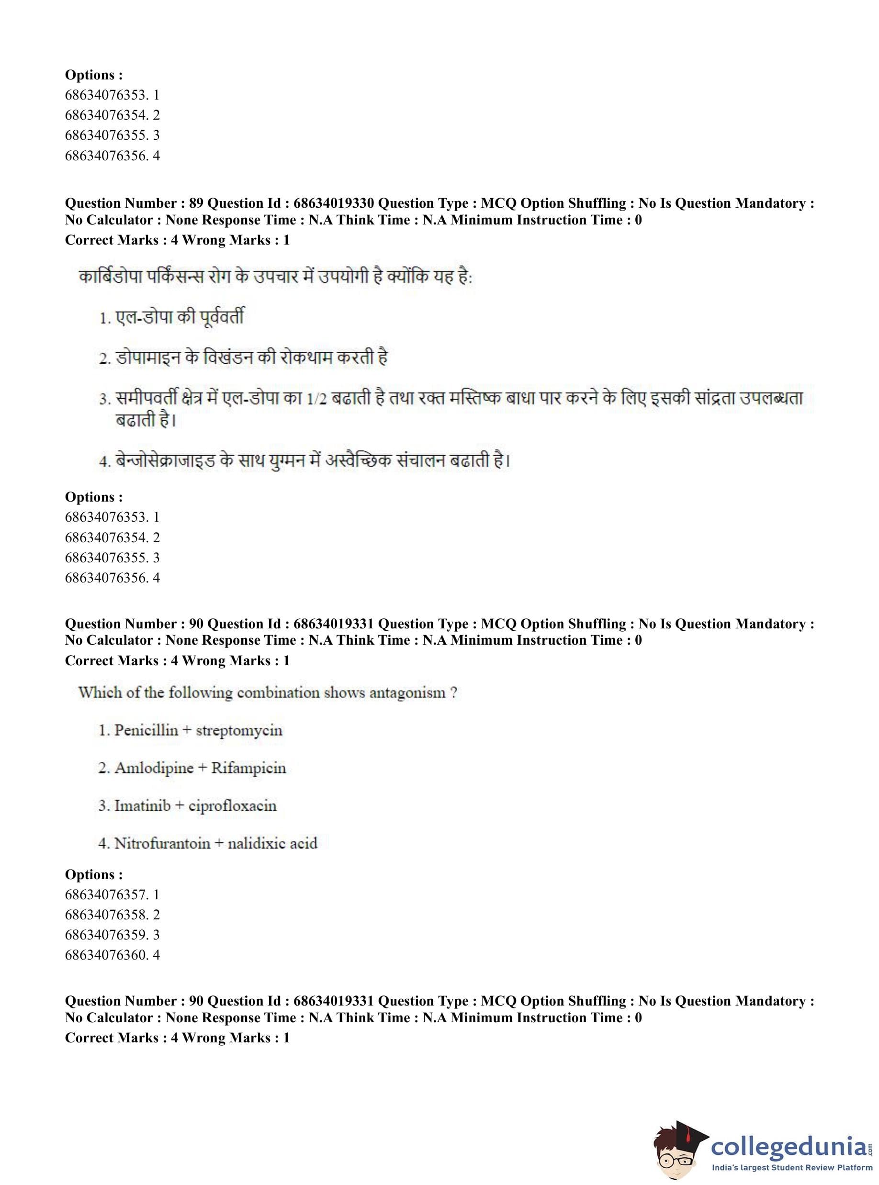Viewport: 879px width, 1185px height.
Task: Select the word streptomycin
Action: pyautogui.click(x=239, y=731)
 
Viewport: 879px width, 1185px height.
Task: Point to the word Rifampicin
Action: pyautogui.click(x=248, y=768)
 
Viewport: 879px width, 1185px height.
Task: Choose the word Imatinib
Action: pyautogui.click(x=143, y=806)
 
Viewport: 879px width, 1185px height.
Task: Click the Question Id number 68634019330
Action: pyautogui.click(x=334, y=203)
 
